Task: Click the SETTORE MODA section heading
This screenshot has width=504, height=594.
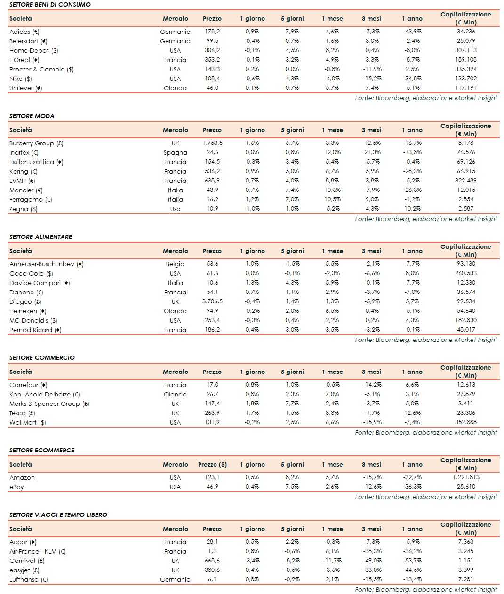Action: click(x=32, y=116)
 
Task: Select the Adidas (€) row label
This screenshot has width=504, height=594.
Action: click(x=24, y=32)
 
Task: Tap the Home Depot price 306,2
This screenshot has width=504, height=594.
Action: click(x=212, y=50)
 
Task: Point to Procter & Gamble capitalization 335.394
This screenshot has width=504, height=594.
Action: click(x=466, y=69)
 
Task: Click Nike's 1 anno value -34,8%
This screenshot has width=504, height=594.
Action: click(x=412, y=79)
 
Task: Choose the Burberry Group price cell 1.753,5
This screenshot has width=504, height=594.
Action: click(x=212, y=143)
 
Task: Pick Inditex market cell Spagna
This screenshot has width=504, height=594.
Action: click(x=175, y=152)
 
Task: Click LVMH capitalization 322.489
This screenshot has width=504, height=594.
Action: click(x=466, y=181)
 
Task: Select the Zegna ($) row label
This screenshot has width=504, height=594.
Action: click(x=24, y=209)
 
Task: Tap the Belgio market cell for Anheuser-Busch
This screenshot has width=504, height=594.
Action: click(x=175, y=264)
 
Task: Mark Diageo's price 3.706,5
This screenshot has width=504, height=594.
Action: click(x=212, y=301)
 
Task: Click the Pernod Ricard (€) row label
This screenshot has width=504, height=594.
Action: click(x=35, y=330)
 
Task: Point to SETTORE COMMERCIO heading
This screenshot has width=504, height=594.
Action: click(x=42, y=357)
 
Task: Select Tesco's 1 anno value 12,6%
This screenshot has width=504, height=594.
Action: click(x=413, y=413)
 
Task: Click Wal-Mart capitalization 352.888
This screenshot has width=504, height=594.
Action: click(x=466, y=422)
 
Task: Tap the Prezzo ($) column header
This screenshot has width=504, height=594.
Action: click(x=212, y=464)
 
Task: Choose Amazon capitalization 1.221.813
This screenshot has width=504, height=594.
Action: click(x=466, y=477)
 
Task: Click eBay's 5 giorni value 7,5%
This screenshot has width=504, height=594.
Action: click(x=292, y=487)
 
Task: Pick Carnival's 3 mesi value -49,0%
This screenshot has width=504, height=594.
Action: click(x=372, y=561)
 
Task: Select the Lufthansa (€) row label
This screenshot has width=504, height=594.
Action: click(x=29, y=579)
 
